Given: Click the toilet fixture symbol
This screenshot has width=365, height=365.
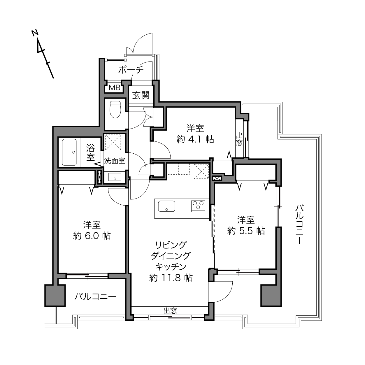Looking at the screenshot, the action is [x=115, y=109].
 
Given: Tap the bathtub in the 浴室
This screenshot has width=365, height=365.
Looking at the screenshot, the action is [x=69, y=152].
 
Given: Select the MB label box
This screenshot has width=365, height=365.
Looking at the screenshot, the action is [x=114, y=88].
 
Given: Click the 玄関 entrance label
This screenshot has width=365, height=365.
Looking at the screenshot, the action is [x=141, y=95].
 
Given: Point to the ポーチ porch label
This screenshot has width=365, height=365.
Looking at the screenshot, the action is [x=131, y=70].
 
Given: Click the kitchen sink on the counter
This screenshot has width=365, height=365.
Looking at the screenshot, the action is [x=166, y=206].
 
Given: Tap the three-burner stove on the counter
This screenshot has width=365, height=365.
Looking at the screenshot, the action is [x=198, y=206].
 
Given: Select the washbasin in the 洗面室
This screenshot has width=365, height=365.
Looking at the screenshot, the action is [x=115, y=177].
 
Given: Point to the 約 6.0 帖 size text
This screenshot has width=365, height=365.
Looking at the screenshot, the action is [x=92, y=236].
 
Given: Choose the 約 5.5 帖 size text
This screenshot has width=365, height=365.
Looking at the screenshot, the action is [x=246, y=231].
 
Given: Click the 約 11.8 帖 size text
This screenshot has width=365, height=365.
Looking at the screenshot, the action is [x=171, y=278].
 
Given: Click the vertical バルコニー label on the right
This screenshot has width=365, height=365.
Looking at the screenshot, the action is [x=299, y=224].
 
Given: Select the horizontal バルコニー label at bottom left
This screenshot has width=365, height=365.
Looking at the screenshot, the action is [x=95, y=296].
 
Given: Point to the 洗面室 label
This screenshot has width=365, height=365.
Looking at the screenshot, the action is [x=115, y=161].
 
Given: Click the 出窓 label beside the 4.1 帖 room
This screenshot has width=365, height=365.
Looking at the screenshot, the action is [x=239, y=139].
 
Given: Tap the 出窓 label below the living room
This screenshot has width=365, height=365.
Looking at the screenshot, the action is [x=170, y=311].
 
